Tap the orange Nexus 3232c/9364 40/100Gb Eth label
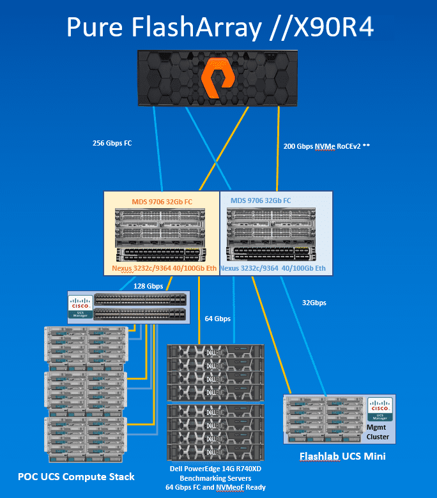(x=164, y=268)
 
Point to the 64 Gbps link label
(x=218, y=318)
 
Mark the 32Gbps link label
(x=314, y=303)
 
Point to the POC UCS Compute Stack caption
(x=77, y=476)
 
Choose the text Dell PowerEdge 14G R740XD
(x=217, y=469)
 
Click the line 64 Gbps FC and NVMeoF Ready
(x=217, y=488)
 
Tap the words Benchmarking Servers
(x=217, y=478)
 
